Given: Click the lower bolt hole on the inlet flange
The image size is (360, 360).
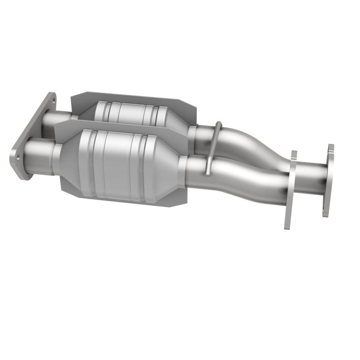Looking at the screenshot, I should click(x=18, y=157).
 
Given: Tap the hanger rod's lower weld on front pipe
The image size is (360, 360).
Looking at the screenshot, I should click(x=206, y=173).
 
